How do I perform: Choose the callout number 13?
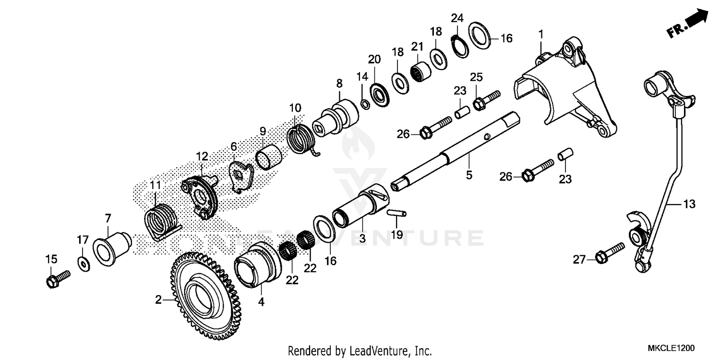(x=689, y=204)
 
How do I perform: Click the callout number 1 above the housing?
(x=541, y=34)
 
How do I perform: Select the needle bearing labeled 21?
(x=420, y=71)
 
